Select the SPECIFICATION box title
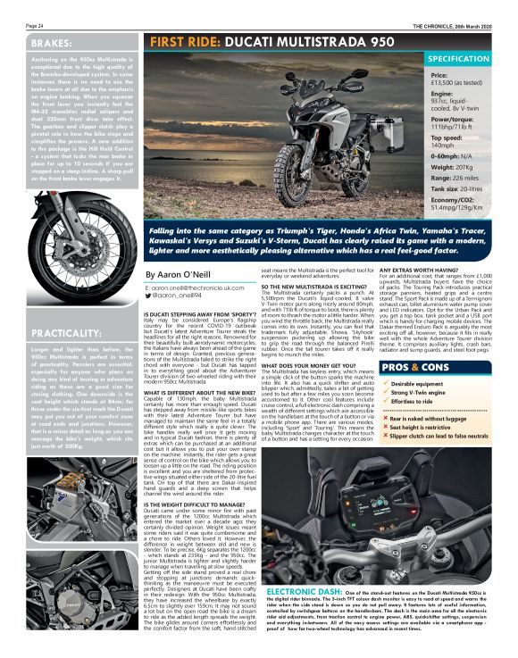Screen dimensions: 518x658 pyautogui.click(x=469, y=59)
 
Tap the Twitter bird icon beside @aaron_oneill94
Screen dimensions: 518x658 pyautogui.click(x=148, y=296)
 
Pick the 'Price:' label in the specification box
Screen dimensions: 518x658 pyautogui.click(x=440, y=76)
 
